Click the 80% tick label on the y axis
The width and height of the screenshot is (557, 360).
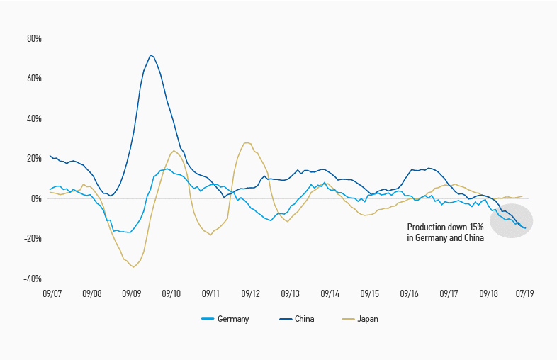coord(33,38)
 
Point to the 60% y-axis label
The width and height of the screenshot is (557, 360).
coord(33,78)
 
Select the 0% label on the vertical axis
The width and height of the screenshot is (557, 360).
coord(35,198)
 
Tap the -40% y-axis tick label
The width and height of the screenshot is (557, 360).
coord(32,279)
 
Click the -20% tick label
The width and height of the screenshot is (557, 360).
coord(32,238)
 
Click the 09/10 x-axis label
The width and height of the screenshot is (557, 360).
coord(171,292)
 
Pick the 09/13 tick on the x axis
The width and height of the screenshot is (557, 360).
coord(291,292)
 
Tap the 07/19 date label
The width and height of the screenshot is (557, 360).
coord(524,292)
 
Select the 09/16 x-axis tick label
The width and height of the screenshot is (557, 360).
coord(410,292)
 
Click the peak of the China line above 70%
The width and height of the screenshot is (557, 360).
coord(150,55)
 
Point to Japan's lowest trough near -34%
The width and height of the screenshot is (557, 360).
coord(133,267)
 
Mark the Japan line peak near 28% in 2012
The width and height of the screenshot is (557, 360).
coord(246,143)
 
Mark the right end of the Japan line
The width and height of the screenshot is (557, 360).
coord(523,196)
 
